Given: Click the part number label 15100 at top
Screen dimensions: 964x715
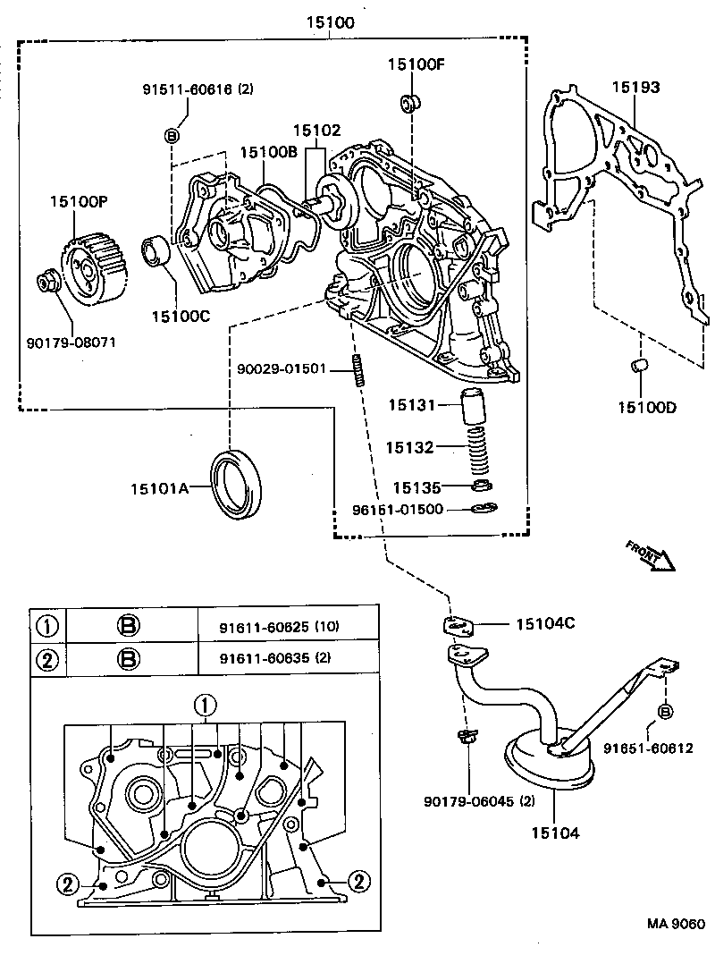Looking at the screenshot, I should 329,22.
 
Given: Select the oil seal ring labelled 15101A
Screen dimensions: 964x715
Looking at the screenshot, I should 236,484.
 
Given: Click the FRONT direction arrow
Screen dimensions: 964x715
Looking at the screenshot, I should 650,555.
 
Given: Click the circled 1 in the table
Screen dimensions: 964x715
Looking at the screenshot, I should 47,625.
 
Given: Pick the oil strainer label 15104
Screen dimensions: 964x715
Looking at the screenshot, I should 553,833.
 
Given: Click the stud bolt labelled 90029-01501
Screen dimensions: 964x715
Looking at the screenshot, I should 359,370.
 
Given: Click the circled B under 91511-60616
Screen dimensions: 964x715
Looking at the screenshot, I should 173,135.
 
